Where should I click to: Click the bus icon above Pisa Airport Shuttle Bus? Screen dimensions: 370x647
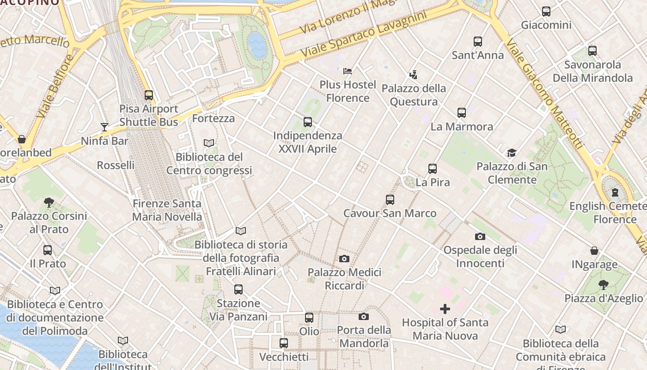(148, 95)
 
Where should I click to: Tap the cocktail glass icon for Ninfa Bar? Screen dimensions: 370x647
(104, 127)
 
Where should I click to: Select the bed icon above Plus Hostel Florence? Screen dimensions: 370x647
(348, 71)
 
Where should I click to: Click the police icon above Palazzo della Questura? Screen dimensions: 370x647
(414, 74)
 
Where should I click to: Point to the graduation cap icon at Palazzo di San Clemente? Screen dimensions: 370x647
(512, 153)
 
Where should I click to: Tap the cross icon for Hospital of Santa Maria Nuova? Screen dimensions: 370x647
(445, 309)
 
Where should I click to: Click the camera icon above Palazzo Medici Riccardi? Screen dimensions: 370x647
(344, 259)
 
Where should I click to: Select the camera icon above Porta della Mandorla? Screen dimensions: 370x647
(364, 317)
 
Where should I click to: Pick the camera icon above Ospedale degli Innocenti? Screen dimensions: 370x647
(480, 237)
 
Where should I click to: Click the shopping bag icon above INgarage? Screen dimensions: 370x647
(594, 251)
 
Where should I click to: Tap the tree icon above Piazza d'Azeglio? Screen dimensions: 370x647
(603, 284)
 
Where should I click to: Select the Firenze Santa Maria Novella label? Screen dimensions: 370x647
(167, 210)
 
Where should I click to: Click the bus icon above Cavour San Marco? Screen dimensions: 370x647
(390, 200)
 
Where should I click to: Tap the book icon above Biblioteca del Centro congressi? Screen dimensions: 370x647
(209, 143)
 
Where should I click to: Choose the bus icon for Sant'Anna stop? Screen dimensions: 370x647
(478, 42)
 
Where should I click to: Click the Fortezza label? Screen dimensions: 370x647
(214, 118)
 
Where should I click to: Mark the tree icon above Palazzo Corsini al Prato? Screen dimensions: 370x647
(49, 202)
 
